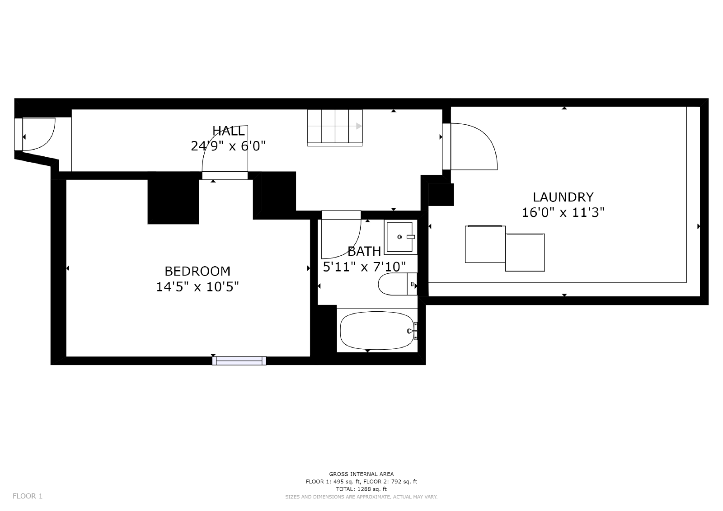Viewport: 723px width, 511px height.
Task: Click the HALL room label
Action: coord(229,131)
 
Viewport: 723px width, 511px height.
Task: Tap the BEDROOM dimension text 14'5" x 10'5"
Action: coord(197,287)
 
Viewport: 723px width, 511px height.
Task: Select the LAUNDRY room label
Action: coord(563,197)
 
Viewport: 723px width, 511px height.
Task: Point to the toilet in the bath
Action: coord(396,284)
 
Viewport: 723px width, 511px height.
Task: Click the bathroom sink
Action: coord(400,237)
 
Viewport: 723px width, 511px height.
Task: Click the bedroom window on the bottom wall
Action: coord(239,361)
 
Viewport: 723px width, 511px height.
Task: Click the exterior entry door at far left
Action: coord(37,134)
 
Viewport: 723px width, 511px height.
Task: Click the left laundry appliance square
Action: coord(485,244)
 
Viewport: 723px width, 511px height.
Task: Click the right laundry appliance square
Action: coord(525,252)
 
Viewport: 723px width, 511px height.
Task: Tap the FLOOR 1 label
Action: coord(28,496)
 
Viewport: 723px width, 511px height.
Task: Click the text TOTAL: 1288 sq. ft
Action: coord(361,489)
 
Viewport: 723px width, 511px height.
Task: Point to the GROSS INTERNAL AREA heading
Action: coord(361,474)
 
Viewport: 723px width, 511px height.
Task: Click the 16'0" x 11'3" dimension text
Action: coord(563,212)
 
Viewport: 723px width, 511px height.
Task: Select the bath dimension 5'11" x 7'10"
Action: coord(364,267)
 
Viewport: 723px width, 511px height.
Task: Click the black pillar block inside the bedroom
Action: coord(173,202)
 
